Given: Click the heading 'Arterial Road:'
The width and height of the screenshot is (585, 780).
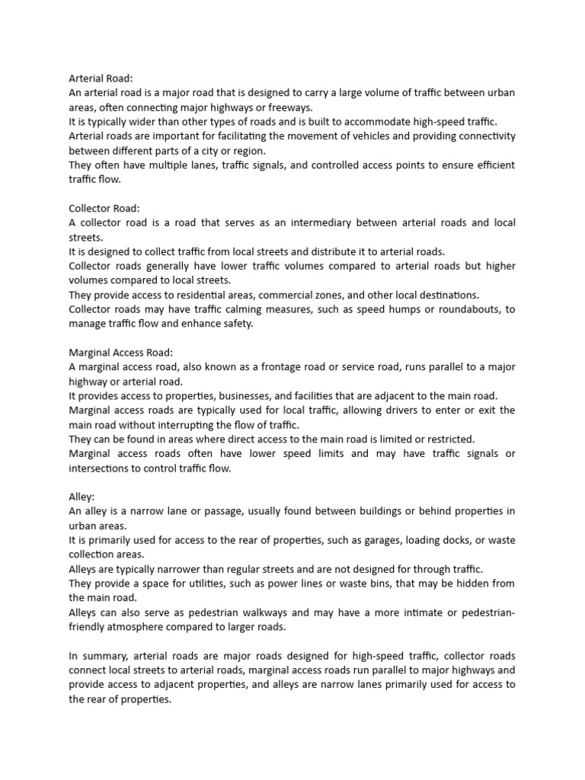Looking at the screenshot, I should click(x=101, y=78).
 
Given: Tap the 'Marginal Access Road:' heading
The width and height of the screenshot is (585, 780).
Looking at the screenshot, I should click(x=121, y=352).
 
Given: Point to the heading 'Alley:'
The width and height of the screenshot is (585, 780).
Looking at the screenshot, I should click(x=82, y=496).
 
